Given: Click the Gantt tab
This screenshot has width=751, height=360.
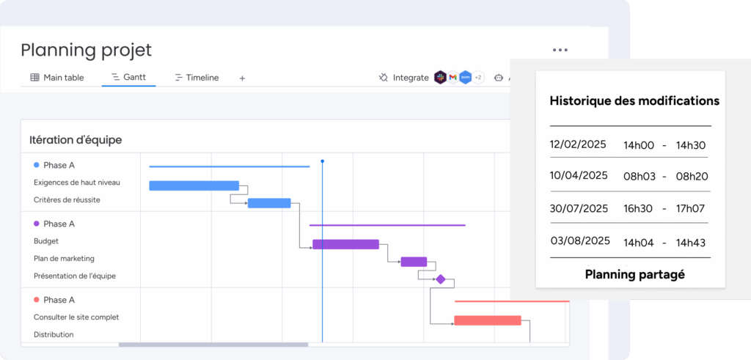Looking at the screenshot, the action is tap(128, 77).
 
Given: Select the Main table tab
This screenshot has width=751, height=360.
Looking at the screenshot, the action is tap(57, 78).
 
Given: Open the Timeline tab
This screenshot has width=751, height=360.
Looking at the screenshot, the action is tap(197, 78).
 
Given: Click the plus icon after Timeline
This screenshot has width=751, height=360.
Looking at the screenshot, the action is tap(242, 78).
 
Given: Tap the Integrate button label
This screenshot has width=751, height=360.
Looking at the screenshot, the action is tap(411, 78).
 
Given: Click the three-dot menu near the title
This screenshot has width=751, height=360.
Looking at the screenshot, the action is tap(560, 50).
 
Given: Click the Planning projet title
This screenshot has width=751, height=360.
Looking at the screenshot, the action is tap(87, 51).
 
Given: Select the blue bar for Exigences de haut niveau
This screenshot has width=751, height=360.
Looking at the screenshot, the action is tap(194, 185).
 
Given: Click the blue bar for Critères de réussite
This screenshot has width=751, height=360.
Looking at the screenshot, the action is tap(269, 203).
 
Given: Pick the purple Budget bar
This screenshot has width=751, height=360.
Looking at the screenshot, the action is tap(346, 245).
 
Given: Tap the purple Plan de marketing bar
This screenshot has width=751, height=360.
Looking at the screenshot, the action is tap(414, 262).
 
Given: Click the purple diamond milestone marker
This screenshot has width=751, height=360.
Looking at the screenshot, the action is tap(440, 279).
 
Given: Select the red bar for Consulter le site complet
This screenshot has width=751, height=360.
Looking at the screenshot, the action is tap(488, 320).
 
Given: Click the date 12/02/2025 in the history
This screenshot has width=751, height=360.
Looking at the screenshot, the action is tap(578, 144).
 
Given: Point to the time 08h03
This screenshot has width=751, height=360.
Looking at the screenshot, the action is tap(640, 177).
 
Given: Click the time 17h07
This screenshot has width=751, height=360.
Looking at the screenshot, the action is tap(691, 209).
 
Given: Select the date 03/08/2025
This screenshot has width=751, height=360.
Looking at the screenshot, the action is tap(580, 240).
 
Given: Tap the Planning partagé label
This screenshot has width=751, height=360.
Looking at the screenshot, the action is tap(635, 274).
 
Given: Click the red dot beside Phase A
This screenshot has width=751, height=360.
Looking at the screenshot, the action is tap(37, 300).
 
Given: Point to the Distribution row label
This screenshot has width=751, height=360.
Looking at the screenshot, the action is tap(54, 334).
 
